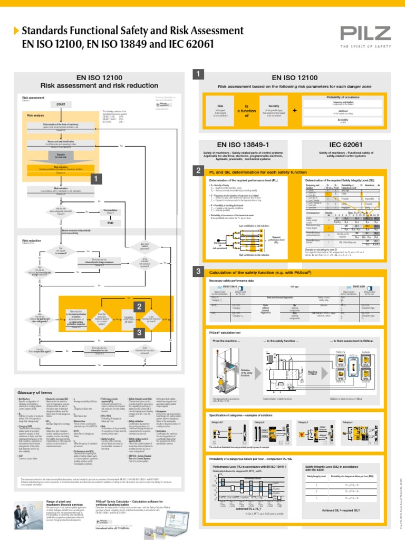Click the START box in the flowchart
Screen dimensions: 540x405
pyautogui.click(x=61, y=105)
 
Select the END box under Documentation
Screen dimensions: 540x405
pyautogui.click(x=111, y=223)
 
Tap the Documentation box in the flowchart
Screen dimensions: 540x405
pyautogui.click(x=111, y=211)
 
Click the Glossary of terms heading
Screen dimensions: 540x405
pyautogui.click(x=36, y=393)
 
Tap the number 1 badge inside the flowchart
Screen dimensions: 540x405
pyautogui.click(x=95, y=180)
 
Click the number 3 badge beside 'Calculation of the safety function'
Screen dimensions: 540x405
pyautogui.click(x=198, y=271)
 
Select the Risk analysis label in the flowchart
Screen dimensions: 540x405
pyautogui.click(x=36, y=115)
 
